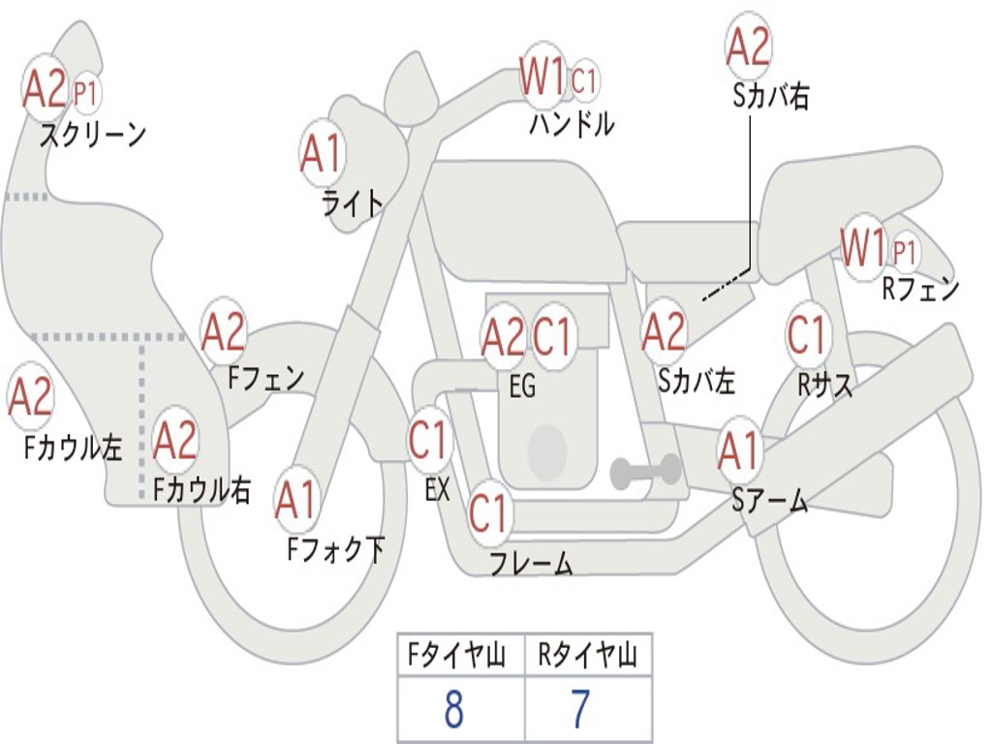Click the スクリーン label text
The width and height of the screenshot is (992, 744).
point(92,134)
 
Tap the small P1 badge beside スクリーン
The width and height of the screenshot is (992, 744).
point(86,93)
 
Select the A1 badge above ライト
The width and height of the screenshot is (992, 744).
point(322,154)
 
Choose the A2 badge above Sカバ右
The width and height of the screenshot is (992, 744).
point(748,46)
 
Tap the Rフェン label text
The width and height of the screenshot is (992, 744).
point(919,289)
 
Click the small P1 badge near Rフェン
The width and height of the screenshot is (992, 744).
point(904,253)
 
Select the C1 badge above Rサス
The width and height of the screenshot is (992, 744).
point(807,334)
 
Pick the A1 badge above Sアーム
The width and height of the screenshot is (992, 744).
point(740,451)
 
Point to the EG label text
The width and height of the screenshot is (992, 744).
point(522,386)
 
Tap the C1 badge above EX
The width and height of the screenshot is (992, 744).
point(429,440)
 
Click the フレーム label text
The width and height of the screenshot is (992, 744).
point(531,563)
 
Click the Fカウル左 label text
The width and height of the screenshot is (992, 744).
point(74,447)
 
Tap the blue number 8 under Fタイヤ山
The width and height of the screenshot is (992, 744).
point(453,710)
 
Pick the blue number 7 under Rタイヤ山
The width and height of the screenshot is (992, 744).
point(579,710)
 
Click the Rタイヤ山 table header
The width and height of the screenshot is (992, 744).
point(587,658)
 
